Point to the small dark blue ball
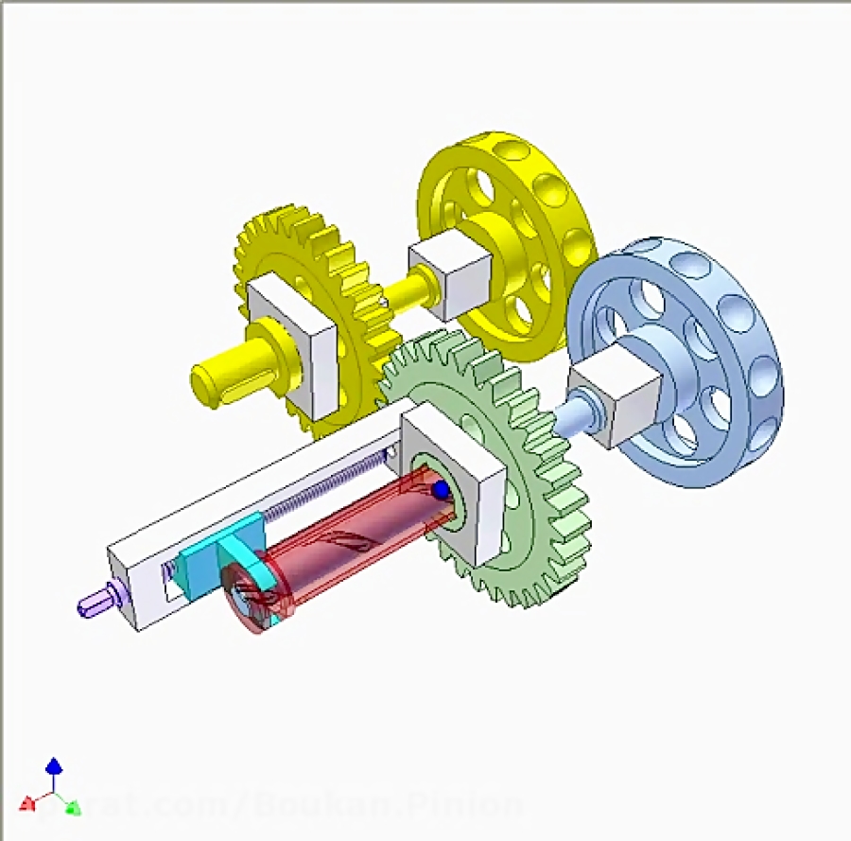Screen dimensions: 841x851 click(x=440, y=490)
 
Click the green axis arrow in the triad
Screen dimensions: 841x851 click(x=72, y=807)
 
